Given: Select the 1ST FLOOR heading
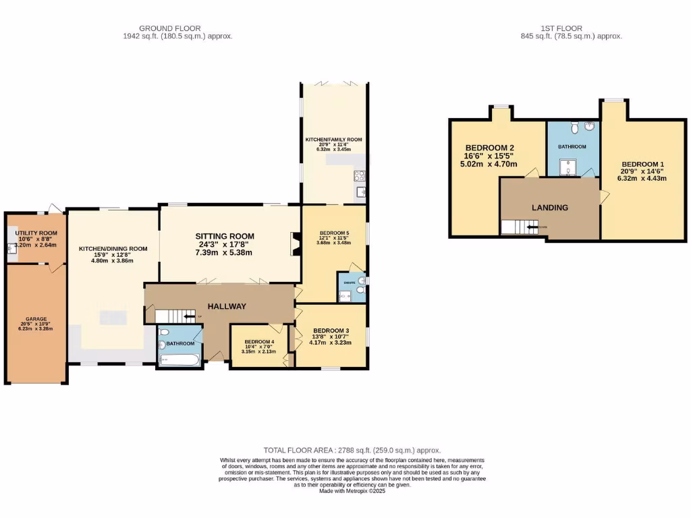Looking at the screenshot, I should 561,28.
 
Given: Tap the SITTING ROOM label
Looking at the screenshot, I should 225,236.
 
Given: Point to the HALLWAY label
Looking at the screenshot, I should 226,306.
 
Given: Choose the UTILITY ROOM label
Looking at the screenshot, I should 36,233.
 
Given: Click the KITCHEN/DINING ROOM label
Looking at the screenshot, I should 113,249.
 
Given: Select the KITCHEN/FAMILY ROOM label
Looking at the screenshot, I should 333,140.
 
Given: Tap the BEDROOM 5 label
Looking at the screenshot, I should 333,233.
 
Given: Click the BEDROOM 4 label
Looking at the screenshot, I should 259,342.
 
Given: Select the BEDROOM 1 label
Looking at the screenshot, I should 643,165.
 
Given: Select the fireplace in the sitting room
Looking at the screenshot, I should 294,244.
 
